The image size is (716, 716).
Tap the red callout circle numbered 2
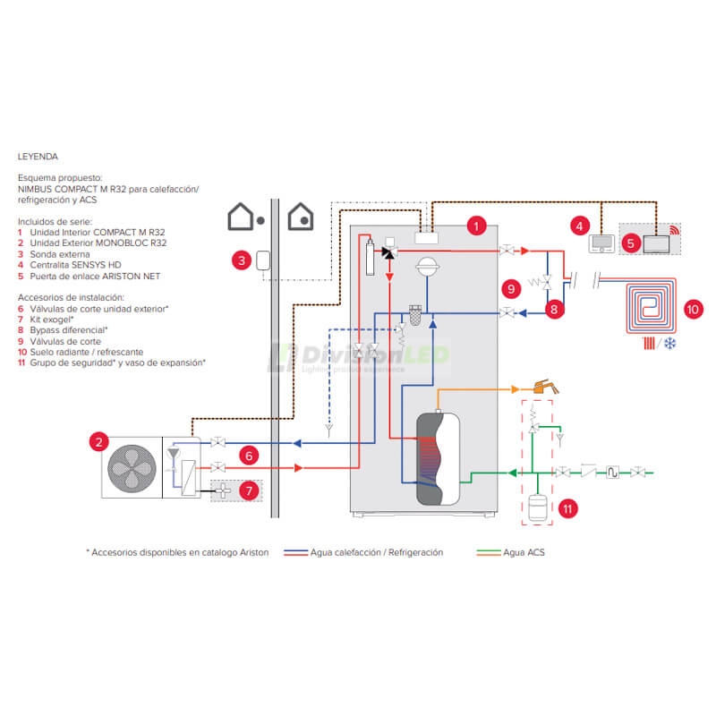98,441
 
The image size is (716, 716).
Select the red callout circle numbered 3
240,261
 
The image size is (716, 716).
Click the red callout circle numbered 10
695,310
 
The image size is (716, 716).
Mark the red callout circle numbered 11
568,508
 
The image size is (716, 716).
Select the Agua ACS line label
524,552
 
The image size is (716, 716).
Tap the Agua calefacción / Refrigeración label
377,552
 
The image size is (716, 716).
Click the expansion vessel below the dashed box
537,506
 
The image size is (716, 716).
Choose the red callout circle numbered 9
510,288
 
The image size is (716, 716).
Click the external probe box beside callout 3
263,260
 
